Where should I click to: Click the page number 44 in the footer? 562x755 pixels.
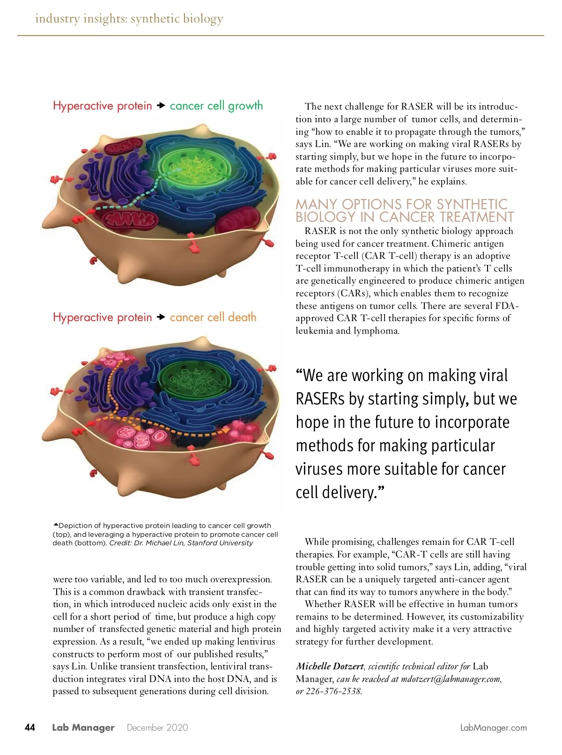point(30,727)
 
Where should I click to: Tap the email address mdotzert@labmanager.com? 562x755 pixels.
point(451,679)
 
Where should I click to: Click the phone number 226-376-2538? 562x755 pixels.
point(333,691)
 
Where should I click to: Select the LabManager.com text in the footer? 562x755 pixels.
point(493,727)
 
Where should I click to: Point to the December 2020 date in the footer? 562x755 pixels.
point(157,727)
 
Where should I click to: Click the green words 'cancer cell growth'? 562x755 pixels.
point(216,106)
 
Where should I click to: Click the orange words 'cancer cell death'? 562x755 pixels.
point(213,317)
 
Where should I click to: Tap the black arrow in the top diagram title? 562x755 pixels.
point(161,106)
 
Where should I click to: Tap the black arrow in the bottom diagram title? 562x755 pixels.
point(161,317)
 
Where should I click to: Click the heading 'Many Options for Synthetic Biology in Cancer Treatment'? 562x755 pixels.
point(404,211)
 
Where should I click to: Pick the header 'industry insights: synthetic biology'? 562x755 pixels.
point(129,19)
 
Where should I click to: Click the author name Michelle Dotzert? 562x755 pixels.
point(329,666)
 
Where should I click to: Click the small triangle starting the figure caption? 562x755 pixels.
point(56,525)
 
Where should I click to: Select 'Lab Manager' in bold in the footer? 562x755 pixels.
point(83,727)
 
